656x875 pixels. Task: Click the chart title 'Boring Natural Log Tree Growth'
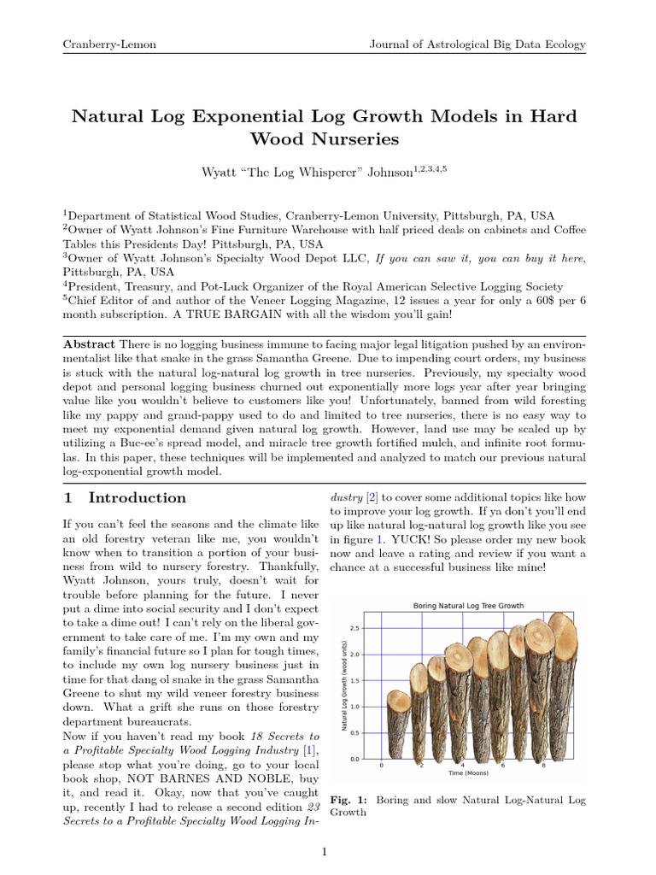coord(468,605)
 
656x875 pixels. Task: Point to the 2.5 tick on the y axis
coord(355,628)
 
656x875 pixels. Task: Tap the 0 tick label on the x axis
coord(381,765)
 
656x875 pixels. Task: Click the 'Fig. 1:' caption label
coord(348,800)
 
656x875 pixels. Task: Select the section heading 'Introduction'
coord(137,497)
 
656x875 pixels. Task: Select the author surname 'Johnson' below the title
coord(389,173)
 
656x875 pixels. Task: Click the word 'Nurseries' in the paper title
coord(324,138)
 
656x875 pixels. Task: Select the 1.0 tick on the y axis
coord(355,707)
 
